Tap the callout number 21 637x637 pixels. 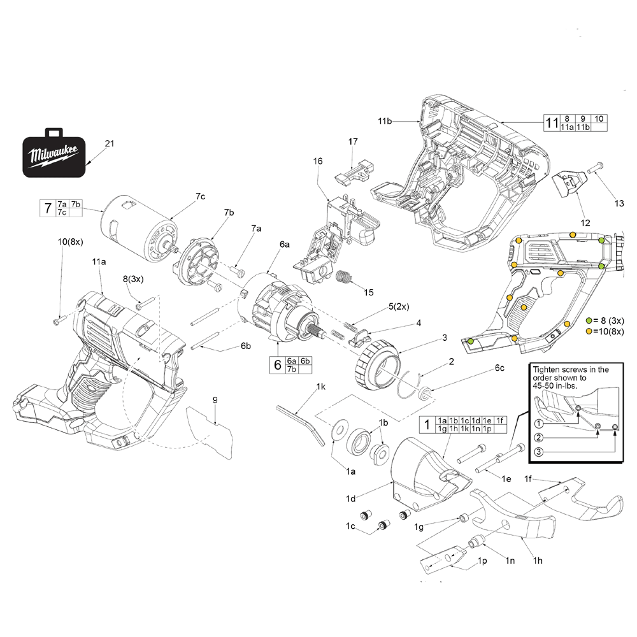coord(109,144)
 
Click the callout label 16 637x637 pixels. coord(318,162)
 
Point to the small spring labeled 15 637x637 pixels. coord(344,279)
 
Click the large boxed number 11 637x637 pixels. coord(551,123)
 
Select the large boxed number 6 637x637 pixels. coord(278,365)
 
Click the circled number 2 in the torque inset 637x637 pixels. coord(539,438)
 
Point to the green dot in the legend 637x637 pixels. coord(589,320)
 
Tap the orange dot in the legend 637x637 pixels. coord(589,331)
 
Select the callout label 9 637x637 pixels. coord(215,399)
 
